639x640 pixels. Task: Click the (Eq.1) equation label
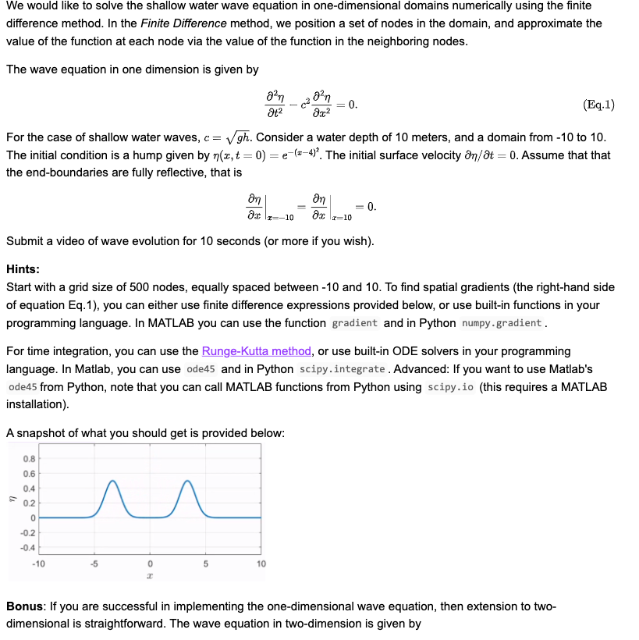point(598,105)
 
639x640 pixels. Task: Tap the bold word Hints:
point(23,268)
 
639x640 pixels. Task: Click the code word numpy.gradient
point(502,323)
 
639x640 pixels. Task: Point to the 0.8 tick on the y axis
point(28,458)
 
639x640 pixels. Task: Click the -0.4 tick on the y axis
point(27,546)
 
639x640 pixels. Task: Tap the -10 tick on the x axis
point(38,564)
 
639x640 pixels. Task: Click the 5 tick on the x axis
point(205,564)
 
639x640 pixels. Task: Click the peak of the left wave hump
point(114,481)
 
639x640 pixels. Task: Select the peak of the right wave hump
point(187,481)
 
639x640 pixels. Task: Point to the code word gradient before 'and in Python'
point(354,323)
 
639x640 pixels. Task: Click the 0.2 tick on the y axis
point(28,503)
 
